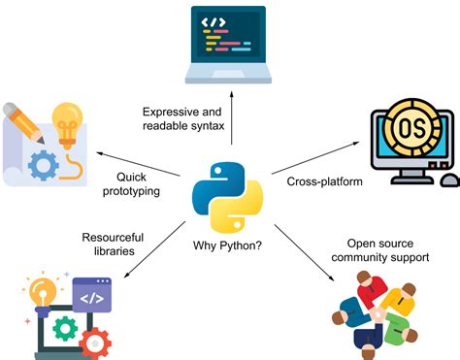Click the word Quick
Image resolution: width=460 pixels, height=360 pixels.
[132, 177]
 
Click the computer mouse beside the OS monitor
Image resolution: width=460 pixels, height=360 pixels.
[449, 180]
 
